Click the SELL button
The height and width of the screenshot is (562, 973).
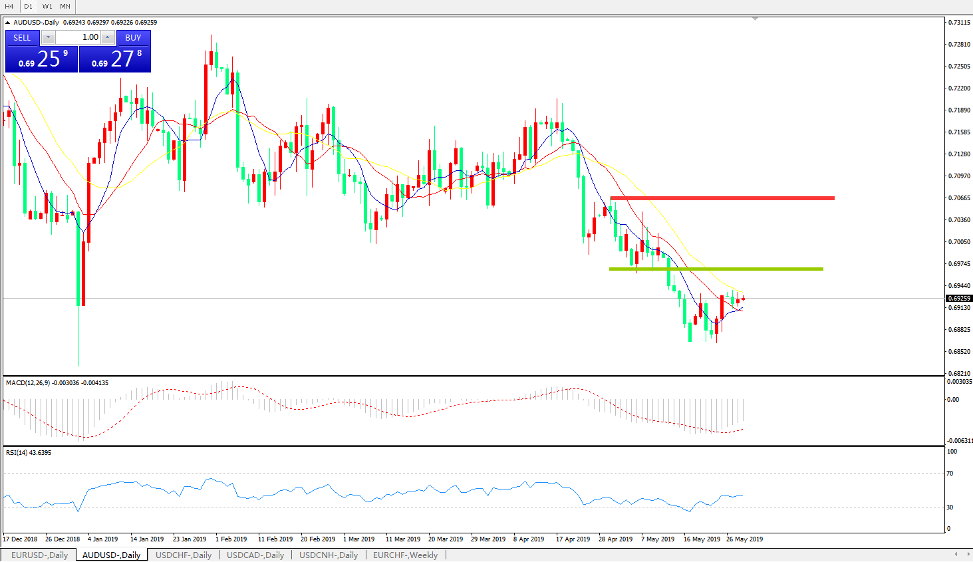point(22,38)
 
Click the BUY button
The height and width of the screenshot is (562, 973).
point(133,38)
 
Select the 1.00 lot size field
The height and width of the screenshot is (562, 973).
point(78,37)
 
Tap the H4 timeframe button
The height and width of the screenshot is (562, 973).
point(9,6)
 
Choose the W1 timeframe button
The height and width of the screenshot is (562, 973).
point(47,6)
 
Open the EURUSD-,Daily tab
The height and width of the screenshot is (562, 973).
point(39,555)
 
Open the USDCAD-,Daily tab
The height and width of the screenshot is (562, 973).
point(255,555)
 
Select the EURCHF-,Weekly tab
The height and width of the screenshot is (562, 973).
point(405,555)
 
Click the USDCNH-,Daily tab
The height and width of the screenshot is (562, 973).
point(328,555)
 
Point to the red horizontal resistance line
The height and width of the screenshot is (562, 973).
point(722,198)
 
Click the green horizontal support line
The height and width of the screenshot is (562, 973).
point(716,269)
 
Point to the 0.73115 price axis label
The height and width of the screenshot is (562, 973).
point(958,23)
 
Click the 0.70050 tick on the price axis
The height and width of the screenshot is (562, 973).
point(958,242)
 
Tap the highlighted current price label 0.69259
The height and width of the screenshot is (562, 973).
point(958,299)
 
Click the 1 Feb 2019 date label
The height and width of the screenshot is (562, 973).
point(231,539)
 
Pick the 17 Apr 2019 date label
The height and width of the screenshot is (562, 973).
point(573,539)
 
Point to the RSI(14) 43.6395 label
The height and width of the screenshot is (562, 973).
point(29,453)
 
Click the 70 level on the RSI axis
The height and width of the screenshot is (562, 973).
point(950,474)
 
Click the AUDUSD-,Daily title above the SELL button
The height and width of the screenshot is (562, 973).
point(36,23)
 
